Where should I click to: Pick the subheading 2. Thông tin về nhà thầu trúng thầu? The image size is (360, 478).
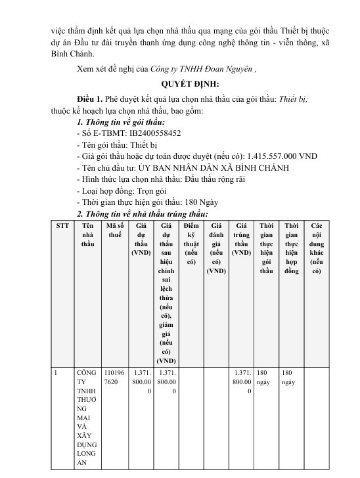click(x=143, y=214)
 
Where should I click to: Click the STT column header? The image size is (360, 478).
click(x=62, y=225)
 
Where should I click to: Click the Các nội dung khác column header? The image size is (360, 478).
click(x=316, y=248)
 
